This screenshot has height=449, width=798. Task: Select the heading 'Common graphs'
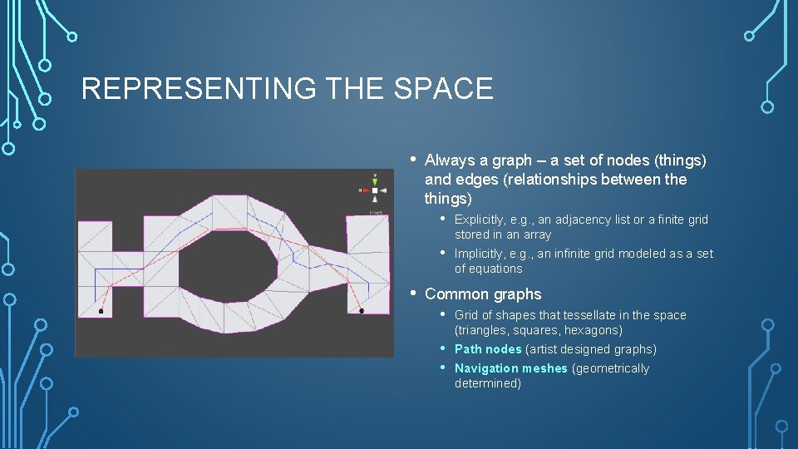[482, 294]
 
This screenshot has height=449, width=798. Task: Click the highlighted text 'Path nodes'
[488, 349]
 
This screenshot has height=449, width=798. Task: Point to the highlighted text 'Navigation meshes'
[510, 368]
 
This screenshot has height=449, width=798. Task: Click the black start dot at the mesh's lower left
[101, 312]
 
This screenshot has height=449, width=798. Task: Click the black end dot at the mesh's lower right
[362, 311]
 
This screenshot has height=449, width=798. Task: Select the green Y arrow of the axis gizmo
[375, 180]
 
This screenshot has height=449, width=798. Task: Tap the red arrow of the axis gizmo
[364, 190]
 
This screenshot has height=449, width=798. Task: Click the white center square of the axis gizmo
[375, 190]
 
